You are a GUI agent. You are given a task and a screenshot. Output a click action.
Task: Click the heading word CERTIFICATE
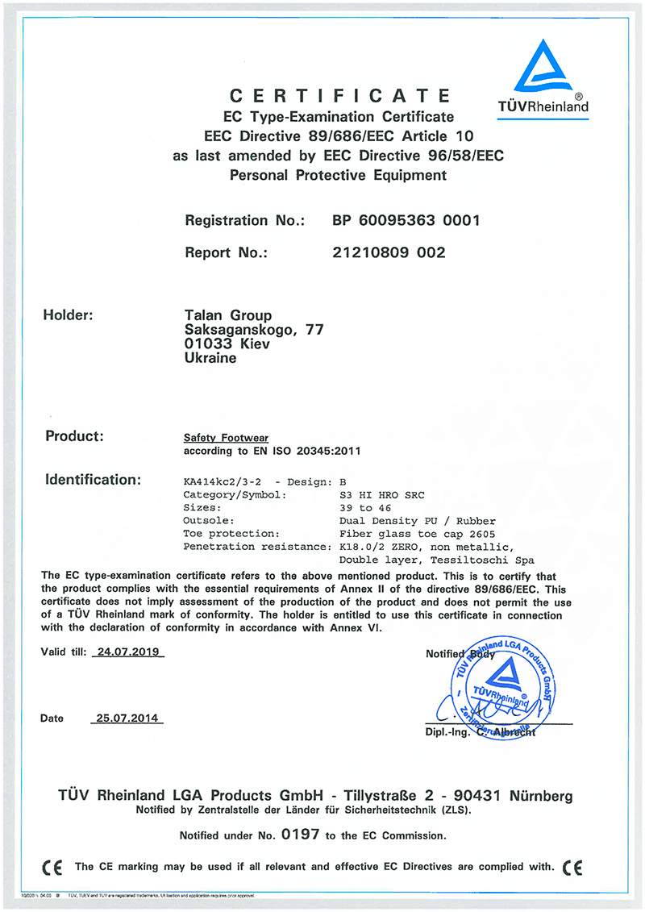click(339, 97)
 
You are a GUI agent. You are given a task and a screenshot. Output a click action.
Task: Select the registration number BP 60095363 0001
click(406, 220)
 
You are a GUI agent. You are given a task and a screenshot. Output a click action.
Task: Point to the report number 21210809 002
click(389, 252)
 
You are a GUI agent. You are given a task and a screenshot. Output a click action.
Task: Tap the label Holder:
click(68, 315)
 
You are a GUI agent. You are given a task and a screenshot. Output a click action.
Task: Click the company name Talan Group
click(228, 315)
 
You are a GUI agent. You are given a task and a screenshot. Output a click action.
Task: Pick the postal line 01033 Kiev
click(227, 344)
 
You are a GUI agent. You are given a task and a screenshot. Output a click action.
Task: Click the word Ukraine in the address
click(210, 358)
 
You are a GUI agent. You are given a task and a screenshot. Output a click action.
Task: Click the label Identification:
click(93, 480)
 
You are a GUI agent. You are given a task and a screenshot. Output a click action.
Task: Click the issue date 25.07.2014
click(126, 718)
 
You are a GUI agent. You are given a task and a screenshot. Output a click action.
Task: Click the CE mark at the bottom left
click(53, 868)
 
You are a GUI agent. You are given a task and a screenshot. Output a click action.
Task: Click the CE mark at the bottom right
click(573, 868)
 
